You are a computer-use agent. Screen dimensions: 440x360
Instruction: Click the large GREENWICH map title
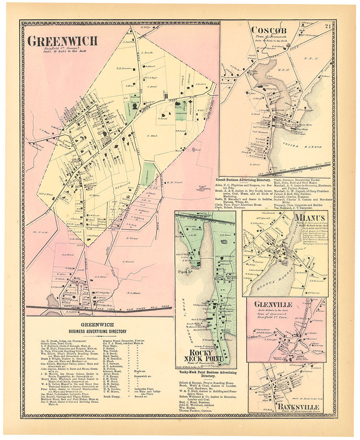[x=62, y=41]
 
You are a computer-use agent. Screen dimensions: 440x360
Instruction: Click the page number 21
[x=327, y=25]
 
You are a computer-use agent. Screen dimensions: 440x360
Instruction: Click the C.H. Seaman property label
[x=124, y=68]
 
